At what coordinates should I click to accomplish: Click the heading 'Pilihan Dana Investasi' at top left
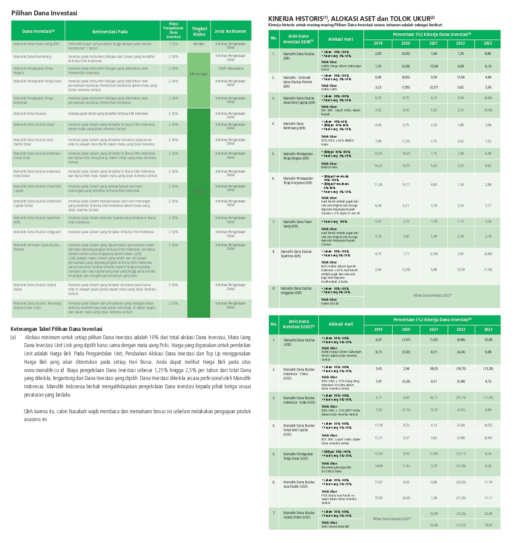click(x=44, y=13)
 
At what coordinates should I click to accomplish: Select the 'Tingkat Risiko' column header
click(x=199, y=32)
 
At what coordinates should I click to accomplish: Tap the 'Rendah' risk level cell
click(x=199, y=44)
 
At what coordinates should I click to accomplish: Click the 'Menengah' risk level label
click(x=199, y=74)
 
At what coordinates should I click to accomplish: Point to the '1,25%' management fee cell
click(x=174, y=44)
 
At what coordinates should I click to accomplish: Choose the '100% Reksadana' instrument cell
click(x=231, y=68)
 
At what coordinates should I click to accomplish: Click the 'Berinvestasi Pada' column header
click(x=110, y=32)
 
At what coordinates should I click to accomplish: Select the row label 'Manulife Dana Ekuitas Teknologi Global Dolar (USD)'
click(x=38, y=305)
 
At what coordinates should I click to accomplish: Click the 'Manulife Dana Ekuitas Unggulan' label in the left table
click(x=37, y=232)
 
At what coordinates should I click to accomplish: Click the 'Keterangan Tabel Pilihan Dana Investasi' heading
click(x=56, y=329)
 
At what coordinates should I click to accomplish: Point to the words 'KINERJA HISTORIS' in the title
click(x=295, y=18)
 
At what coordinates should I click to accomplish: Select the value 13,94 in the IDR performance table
click(x=460, y=77)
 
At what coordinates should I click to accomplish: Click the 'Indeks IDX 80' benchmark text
click(x=330, y=303)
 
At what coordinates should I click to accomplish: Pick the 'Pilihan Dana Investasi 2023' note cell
click(x=432, y=295)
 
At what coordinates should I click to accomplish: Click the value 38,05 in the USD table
click(x=433, y=369)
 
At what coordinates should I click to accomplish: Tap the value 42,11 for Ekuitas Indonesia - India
click(x=433, y=397)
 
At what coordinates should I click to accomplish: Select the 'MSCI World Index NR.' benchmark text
click(x=335, y=526)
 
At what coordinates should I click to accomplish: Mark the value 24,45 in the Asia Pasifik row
click(x=406, y=498)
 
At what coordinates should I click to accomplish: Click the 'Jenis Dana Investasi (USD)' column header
click(x=298, y=324)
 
